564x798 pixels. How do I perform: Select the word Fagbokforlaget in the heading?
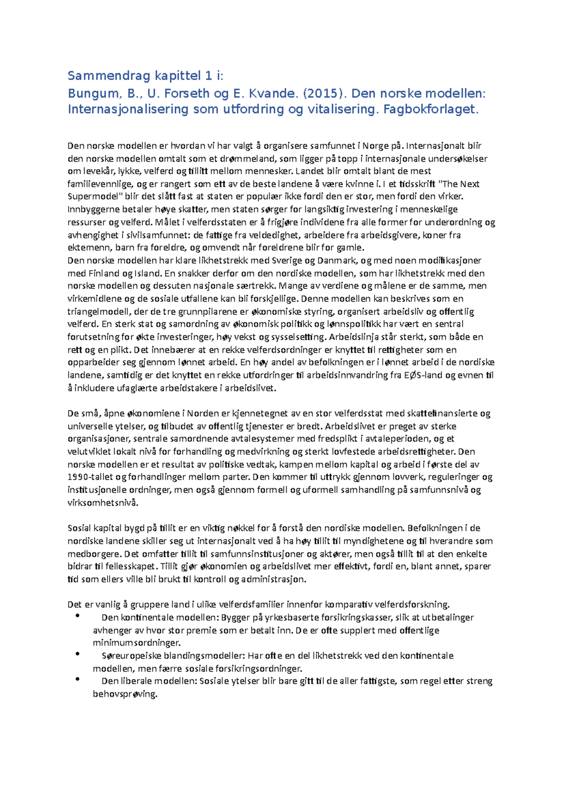430,110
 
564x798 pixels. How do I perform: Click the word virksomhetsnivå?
103,503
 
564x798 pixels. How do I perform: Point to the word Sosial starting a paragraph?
79,528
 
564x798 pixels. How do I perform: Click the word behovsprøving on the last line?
125,694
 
